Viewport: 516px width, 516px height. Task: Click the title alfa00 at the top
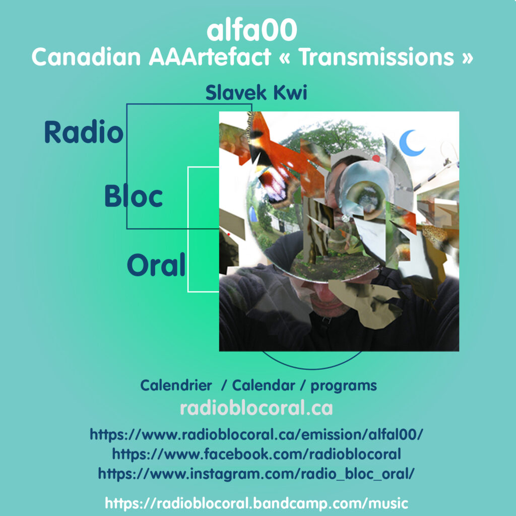point(252,30)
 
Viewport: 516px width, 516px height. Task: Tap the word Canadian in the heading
point(86,57)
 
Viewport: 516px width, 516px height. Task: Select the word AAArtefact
point(210,57)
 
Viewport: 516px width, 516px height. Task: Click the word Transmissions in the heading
point(377,57)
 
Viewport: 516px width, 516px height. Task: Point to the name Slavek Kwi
point(256,93)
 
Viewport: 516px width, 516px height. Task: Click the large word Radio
point(84,132)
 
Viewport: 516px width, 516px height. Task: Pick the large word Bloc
point(133,196)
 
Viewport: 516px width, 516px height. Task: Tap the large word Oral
point(156,264)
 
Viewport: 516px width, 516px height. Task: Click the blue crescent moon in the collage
point(411,143)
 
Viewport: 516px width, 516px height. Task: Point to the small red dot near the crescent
point(376,159)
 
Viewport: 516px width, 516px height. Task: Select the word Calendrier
point(176,385)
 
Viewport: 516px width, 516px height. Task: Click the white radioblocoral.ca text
point(256,408)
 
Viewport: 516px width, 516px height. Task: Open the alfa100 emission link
point(256,435)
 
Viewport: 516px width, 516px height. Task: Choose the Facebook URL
point(256,454)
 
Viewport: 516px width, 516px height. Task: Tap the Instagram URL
point(256,474)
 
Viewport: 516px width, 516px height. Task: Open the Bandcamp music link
point(256,503)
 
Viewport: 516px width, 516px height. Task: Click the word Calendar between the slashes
point(264,385)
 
